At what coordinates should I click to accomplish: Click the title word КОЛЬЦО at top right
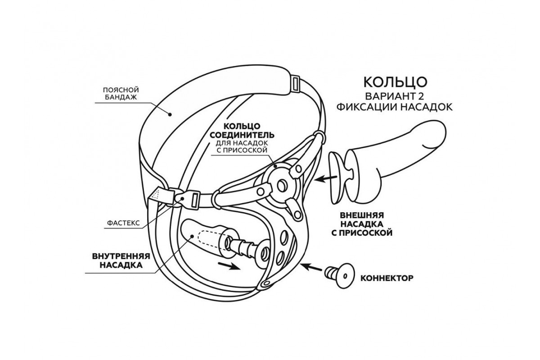[x=394, y=81]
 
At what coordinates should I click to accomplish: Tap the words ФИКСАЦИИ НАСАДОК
[x=394, y=108]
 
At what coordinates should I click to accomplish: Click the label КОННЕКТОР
[x=387, y=278]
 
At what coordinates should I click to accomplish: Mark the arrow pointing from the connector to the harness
[x=311, y=267]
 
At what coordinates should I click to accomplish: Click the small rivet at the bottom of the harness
[x=266, y=283]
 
